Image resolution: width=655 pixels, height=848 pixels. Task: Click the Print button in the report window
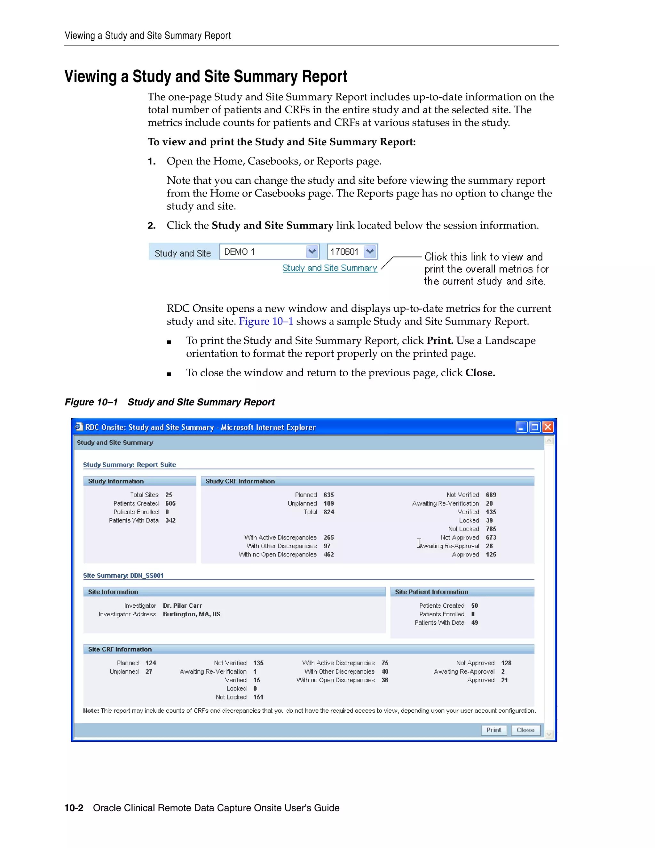pos(493,730)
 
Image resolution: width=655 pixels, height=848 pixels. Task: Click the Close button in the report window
pos(525,730)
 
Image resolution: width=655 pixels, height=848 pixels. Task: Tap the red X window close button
pos(548,427)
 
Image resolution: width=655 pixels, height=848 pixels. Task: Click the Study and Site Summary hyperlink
pos(329,268)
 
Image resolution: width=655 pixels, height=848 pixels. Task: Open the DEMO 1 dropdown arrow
pos(312,252)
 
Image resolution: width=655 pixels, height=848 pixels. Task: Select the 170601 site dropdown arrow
pos(370,252)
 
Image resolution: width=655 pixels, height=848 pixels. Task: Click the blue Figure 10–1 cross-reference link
pos(266,322)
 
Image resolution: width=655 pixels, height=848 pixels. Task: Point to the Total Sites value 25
pos(169,495)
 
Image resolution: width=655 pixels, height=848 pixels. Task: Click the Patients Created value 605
pos(170,503)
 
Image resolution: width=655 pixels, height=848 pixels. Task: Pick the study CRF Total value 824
pos(329,512)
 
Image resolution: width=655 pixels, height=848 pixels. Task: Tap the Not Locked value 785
pos(491,529)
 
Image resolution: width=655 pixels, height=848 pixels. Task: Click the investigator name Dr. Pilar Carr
pos(182,606)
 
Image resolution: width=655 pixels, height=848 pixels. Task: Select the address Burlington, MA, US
pos(192,614)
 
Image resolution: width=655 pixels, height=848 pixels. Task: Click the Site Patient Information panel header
pos(431,592)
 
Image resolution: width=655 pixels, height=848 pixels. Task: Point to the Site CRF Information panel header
pos(120,649)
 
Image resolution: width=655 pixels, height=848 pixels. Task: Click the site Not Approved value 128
pos(506,663)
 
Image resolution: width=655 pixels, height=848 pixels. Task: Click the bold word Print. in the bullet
pos(440,340)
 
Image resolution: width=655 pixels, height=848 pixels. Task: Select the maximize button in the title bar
pos(534,427)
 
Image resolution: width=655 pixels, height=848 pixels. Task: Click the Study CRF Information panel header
pos(240,481)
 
